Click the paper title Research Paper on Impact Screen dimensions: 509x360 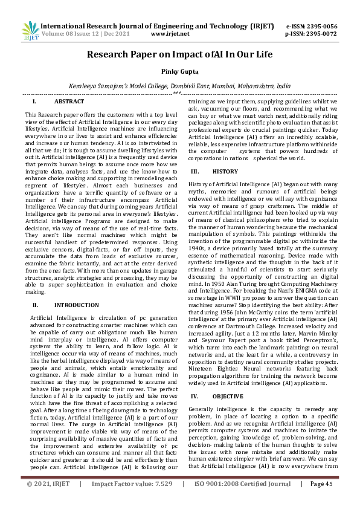click(x=179, y=54)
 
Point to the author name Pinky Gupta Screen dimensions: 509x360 click(x=179, y=71)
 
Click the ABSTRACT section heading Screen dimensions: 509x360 click(x=69, y=102)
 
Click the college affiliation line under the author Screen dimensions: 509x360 click(x=179, y=86)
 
